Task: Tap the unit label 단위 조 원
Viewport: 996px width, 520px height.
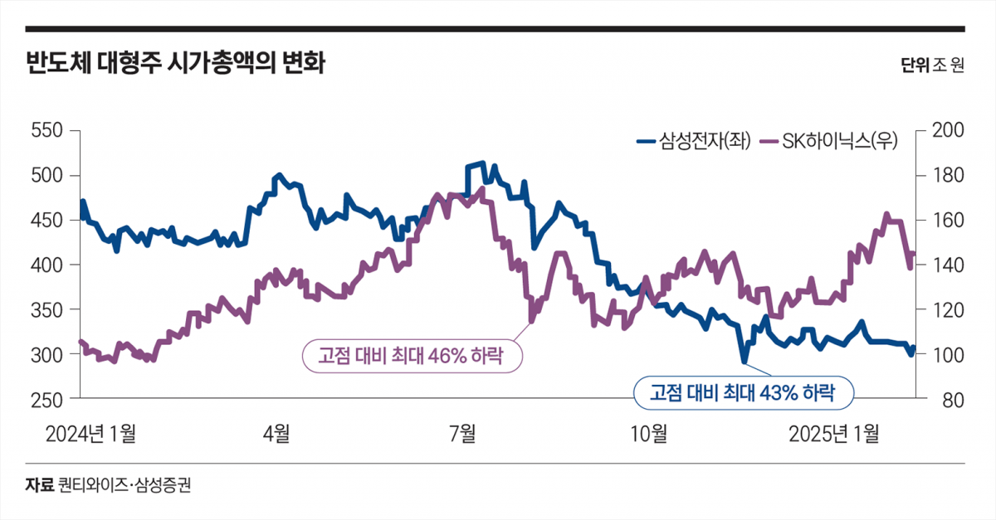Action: [932, 66]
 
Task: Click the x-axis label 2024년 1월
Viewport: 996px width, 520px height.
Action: [90, 433]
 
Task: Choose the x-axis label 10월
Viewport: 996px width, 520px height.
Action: [649, 433]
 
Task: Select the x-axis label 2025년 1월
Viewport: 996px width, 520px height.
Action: [834, 433]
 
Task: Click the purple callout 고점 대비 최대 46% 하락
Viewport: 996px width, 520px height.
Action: [413, 357]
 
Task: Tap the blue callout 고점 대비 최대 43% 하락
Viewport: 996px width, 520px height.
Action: [743, 393]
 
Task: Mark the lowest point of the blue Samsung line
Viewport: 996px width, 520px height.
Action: [745, 362]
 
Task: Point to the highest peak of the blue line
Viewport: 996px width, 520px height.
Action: [482, 163]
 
